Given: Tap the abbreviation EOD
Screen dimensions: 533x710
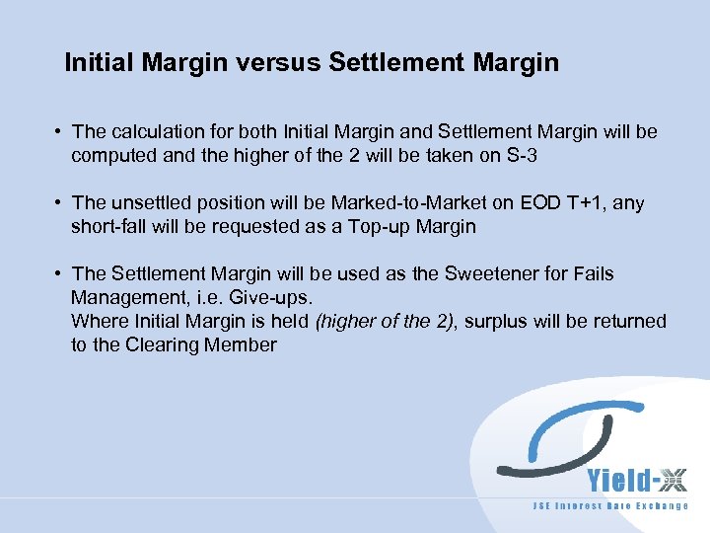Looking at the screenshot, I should [x=538, y=202].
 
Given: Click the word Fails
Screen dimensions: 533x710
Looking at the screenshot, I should [x=591, y=273].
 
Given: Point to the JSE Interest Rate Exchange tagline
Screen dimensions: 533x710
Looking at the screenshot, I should [x=611, y=506].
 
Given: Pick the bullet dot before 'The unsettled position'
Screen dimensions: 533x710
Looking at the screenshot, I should [x=60, y=202].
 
